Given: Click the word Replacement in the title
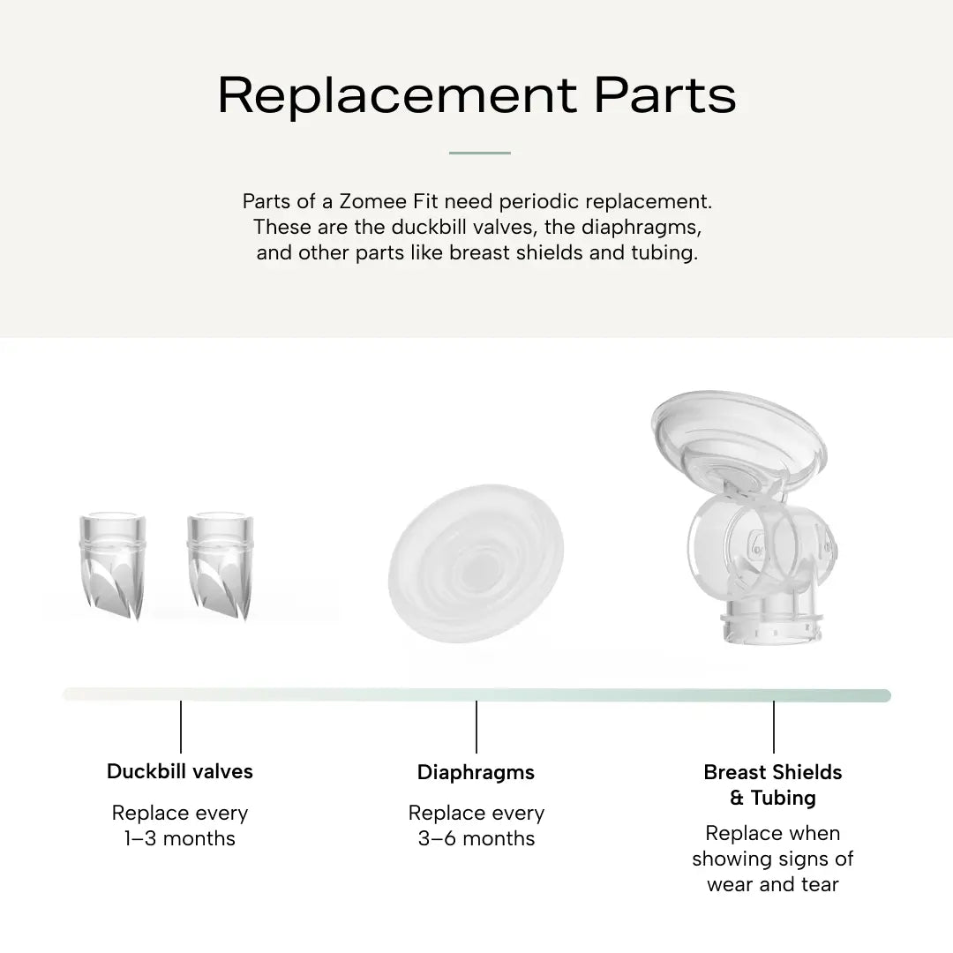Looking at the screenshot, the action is point(397,96).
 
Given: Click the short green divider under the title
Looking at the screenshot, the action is point(479,154).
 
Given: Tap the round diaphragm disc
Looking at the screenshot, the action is point(476,563).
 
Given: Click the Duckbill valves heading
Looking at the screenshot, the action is point(180,771).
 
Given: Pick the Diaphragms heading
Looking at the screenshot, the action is point(476,772).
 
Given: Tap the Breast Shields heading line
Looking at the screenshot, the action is point(772,772).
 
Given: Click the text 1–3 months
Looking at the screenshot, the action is point(180,839).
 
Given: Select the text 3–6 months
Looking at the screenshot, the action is point(476,839).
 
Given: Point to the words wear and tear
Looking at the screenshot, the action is point(772,884).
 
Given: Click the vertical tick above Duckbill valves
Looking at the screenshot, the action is point(181,727).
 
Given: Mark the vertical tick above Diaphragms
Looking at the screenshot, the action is point(476,727).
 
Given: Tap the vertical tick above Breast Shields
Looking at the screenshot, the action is point(774,727).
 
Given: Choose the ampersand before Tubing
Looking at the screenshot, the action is point(737,798).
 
